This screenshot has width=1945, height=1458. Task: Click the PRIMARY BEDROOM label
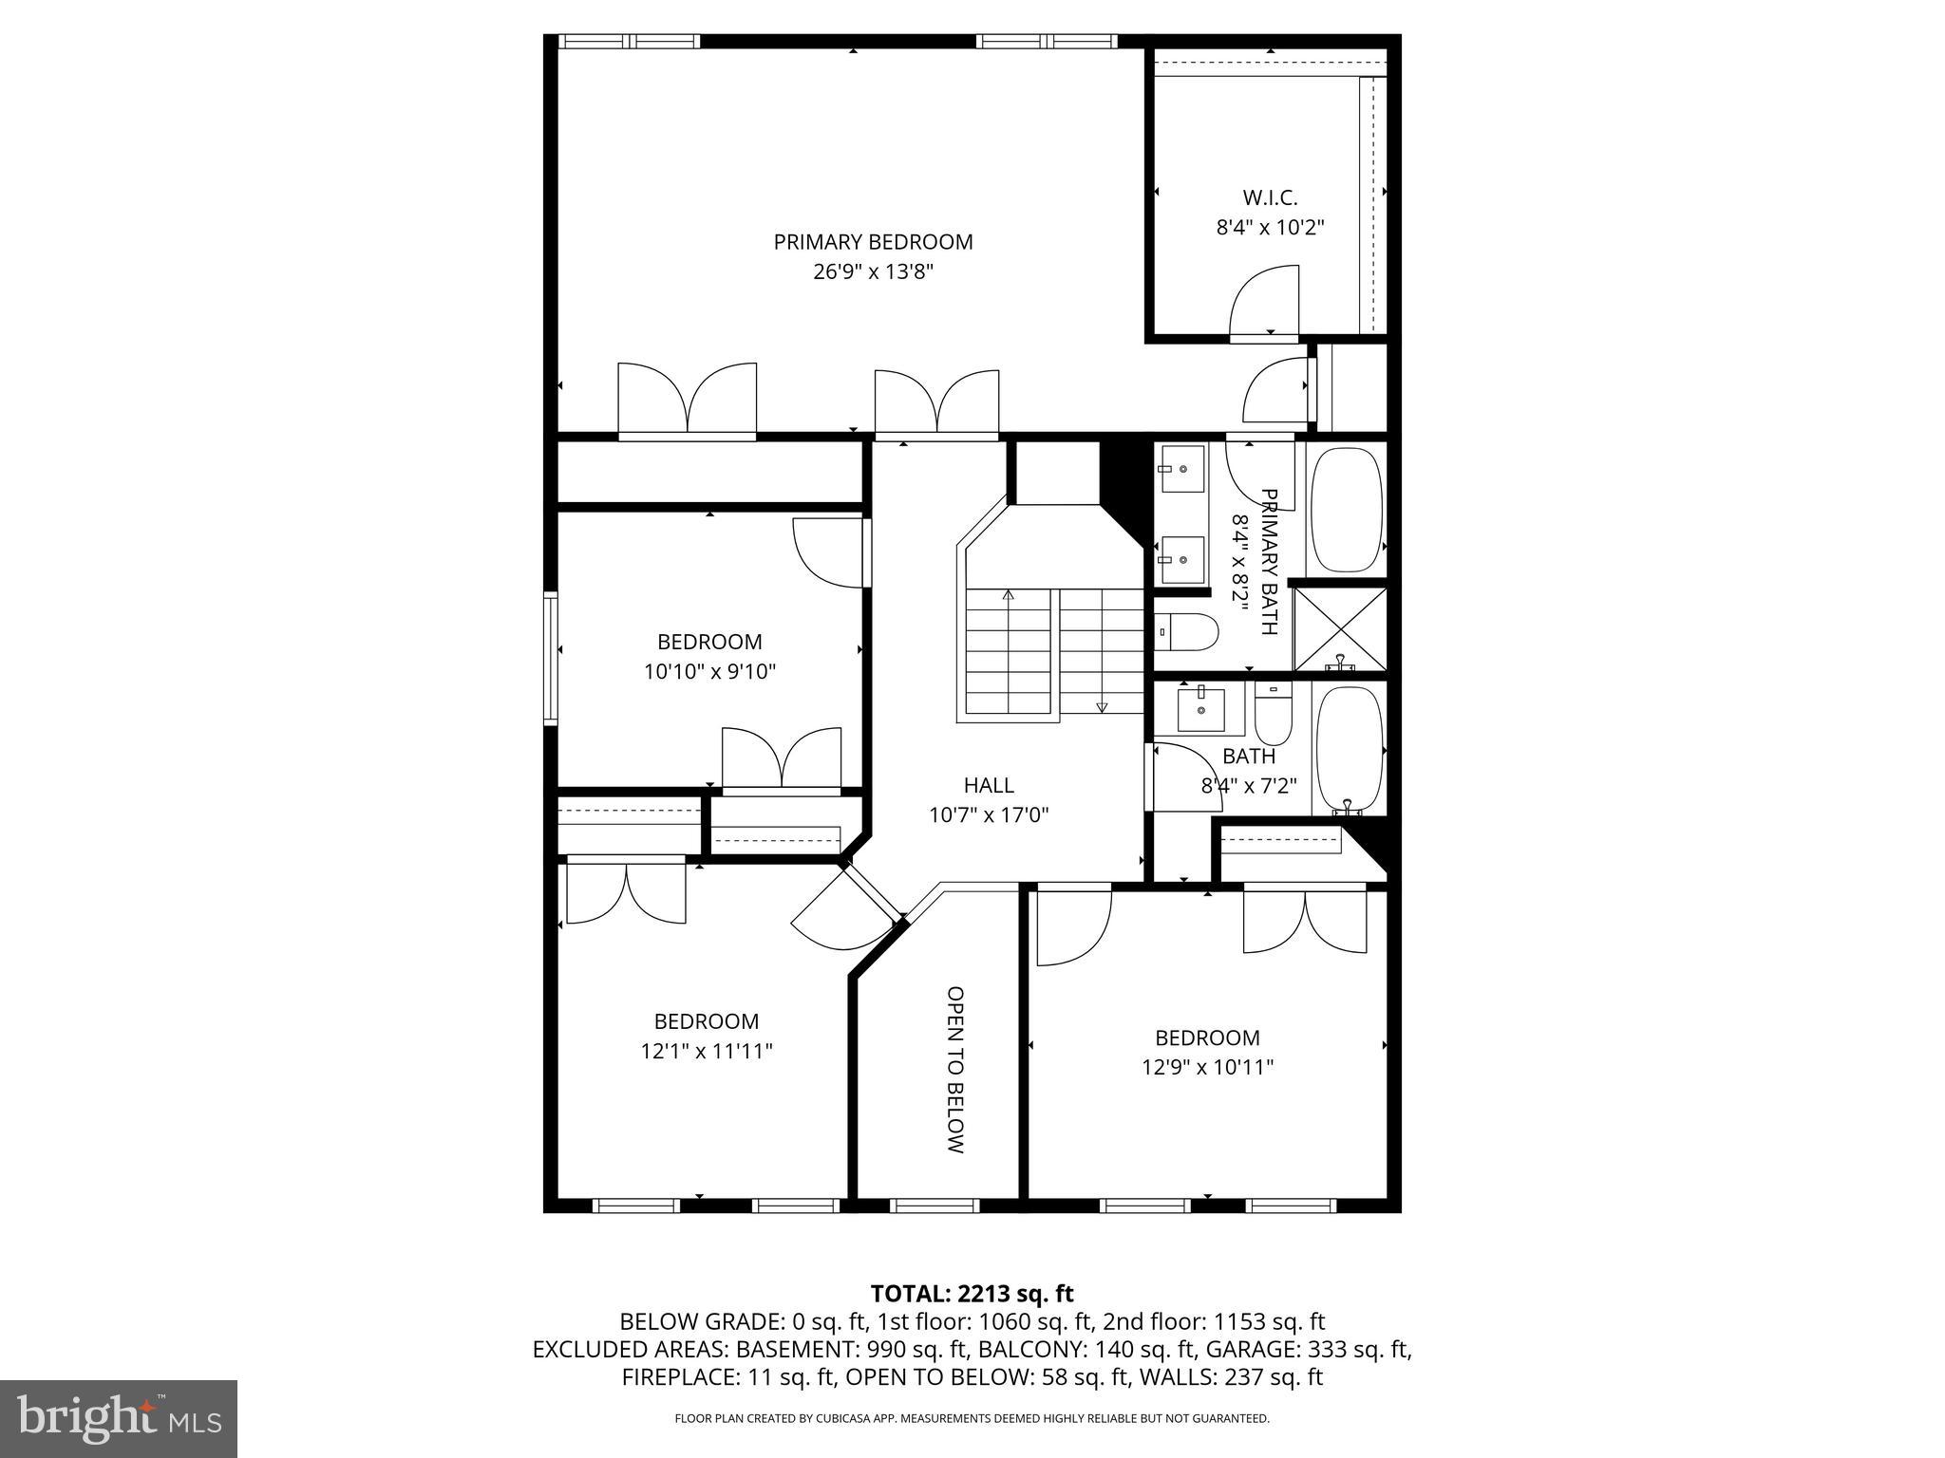(873, 242)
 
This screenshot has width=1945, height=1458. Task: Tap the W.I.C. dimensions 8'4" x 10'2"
(1270, 228)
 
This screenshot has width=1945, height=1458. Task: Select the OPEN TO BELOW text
(955, 1070)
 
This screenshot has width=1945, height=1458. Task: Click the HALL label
(989, 785)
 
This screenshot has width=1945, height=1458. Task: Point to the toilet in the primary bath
(1187, 631)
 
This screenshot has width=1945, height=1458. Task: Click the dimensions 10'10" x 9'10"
(709, 672)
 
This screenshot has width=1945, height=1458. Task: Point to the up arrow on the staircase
(1009, 596)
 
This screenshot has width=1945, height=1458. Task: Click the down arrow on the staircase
(1102, 706)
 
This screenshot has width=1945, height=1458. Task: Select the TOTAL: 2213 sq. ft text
(972, 1293)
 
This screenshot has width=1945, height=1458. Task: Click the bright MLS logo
(119, 1418)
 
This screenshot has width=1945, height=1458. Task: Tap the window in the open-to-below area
(935, 1206)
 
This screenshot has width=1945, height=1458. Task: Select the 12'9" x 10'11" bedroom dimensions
(1207, 1067)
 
